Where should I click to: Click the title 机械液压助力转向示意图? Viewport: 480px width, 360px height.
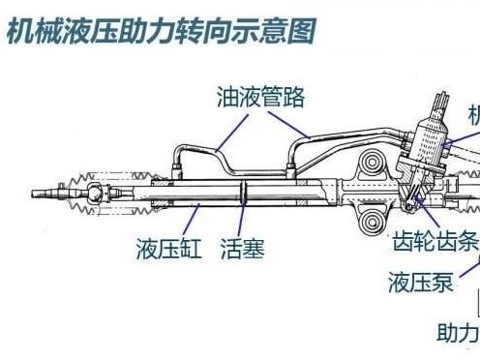pyautogui.click(x=160, y=31)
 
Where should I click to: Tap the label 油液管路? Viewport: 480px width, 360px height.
pyautogui.click(x=260, y=97)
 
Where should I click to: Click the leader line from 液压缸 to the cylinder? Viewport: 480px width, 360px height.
pyautogui.click(x=189, y=219)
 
